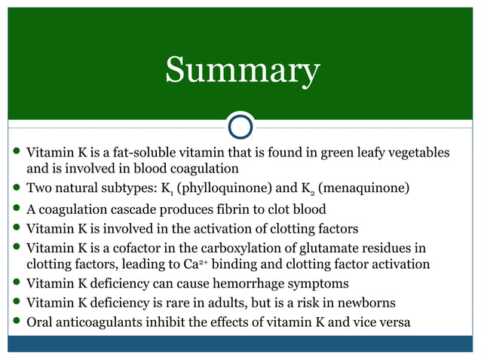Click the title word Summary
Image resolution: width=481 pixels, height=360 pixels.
(242, 71)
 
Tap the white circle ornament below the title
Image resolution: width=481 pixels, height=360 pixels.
(240, 125)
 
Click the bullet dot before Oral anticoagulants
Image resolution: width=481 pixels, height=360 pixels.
(16, 323)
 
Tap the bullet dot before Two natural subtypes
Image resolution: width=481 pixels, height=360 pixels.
(16, 187)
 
